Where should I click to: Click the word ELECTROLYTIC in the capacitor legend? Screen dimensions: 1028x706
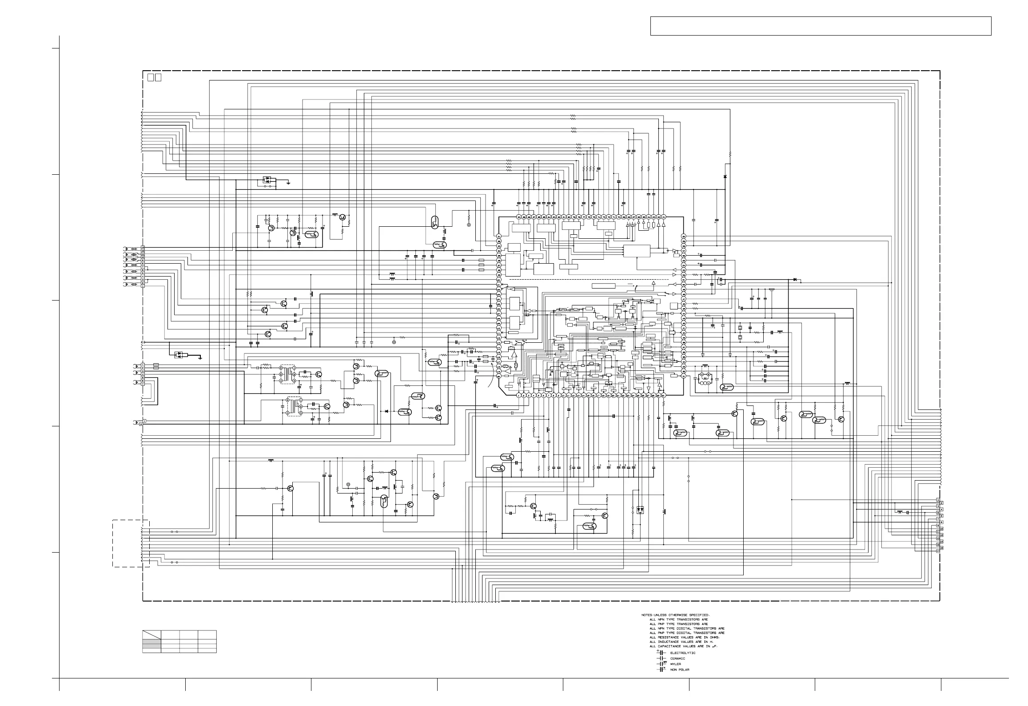click(x=683, y=653)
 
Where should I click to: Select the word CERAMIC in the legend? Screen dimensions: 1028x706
click(x=677, y=658)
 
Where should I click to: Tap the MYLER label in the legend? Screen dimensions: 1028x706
click(x=675, y=664)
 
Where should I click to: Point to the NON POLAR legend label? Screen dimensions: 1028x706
click(x=680, y=670)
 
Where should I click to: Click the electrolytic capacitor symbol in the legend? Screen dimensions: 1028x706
click(x=661, y=653)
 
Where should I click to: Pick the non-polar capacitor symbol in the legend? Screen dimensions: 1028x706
click(x=661, y=670)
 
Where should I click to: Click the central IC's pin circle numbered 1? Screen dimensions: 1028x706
click(x=518, y=396)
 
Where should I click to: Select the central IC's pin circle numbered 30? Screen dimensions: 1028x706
click(x=663, y=396)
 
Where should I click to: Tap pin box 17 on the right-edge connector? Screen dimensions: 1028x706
click(x=938, y=551)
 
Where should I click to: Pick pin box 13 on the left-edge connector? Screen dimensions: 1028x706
click(x=143, y=247)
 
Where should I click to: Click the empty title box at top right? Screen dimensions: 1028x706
click(x=821, y=26)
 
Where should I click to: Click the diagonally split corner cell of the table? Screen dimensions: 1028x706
click(x=151, y=635)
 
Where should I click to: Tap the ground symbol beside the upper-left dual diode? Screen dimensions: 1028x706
click(x=288, y=182)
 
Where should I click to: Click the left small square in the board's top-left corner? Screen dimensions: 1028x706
click(x=150, y=78)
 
